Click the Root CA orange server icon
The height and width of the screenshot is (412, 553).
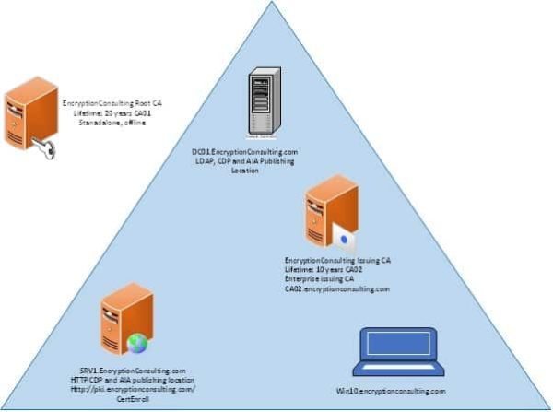tap(25, 116)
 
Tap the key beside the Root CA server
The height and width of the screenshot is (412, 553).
tap(44, 147)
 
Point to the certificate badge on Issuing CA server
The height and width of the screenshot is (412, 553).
tap(345, 238)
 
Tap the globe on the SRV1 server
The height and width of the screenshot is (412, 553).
tap(137, 344)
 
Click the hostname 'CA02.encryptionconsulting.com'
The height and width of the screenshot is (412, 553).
tap(337, 288)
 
